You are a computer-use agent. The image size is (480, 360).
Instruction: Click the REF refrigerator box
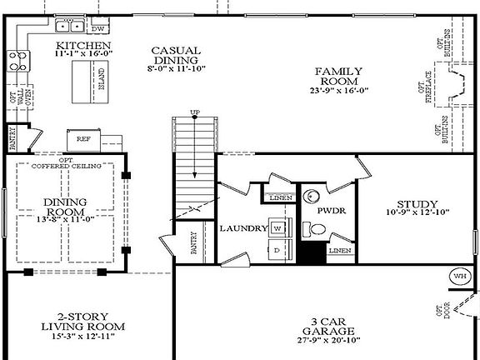point(83,139)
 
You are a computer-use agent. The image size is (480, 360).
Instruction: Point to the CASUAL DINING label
point(175,55)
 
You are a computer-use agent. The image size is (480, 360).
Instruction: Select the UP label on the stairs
point(195,112)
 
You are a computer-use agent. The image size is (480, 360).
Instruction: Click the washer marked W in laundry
point(277,227)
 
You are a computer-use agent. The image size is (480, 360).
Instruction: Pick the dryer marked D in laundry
point(277,249)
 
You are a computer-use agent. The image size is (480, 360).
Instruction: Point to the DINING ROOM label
point(64,207)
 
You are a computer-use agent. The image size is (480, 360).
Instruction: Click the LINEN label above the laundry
point(277,197)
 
